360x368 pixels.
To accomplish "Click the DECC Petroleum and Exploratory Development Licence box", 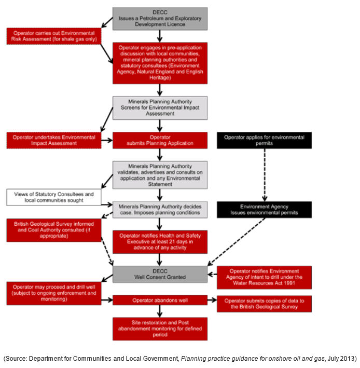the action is coord(160,19).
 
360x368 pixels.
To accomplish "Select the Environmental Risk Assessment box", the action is coord(54,36).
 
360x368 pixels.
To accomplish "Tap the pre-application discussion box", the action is coord(160,63).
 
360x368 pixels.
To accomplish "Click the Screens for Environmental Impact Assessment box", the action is coord(160,108).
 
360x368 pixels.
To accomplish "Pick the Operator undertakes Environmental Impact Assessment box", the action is coord(54,140).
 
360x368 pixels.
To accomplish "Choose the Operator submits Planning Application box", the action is coord(160,140).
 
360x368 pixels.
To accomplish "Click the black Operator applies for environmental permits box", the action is coord(265,140).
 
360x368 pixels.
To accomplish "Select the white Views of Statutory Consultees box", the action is coord(54,197).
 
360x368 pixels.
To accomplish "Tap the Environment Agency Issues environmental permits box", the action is coord(265,210).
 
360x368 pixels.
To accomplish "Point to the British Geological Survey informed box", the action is coord(54,230).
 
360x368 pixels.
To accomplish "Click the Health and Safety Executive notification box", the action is coord(160,242).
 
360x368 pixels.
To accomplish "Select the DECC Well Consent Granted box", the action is coord(160,274).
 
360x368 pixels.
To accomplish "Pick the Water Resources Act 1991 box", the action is coord(265,277).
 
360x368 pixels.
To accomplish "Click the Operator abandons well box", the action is coord(160,300).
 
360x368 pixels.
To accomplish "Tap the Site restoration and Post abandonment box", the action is coord(160,329).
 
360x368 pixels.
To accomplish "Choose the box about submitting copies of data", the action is coord(265,304).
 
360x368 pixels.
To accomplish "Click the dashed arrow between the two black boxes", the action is coord(265,175).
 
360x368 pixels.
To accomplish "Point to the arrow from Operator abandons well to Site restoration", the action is coord(160,311).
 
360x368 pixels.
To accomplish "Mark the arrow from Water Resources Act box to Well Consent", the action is coord(212,274).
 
